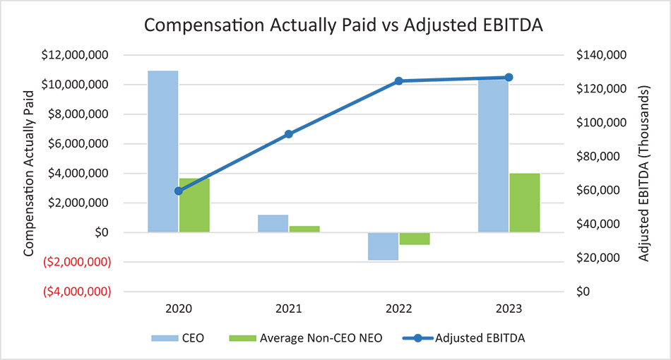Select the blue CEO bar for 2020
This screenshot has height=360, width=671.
(x=162, y=151)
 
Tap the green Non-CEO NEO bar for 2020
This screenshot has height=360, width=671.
(x=194, y=205)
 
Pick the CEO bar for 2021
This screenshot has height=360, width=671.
(x=273, y=223)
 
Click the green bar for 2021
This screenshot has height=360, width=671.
(x=304, y=229)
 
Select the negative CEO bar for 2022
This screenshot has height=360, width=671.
(x=383, y=246)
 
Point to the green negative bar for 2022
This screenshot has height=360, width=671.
(x=415, y=239)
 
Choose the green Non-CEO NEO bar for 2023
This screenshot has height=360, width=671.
(x=524, y=202)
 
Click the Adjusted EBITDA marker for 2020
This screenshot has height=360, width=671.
(x=179, y=191)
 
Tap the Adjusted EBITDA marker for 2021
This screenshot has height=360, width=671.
(x=289, y=134)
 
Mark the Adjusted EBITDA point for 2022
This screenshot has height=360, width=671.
(x=398, y=81)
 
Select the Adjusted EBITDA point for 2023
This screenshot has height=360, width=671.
(x=509, y=78)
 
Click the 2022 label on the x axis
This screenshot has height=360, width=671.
(x=398, y=309)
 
